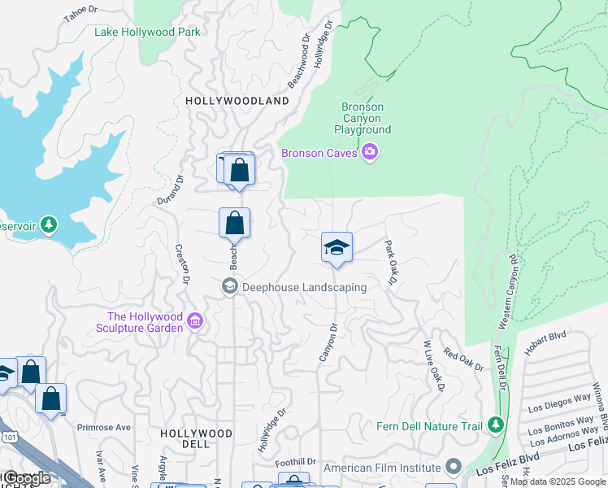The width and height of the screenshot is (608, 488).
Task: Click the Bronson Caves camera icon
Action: (x=371, y=152)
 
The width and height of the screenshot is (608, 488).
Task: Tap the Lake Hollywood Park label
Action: (x=147, y=33)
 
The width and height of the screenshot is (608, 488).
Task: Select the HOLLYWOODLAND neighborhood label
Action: (x=237, y=101)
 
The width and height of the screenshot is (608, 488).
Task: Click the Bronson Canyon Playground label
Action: (x=363, y=119)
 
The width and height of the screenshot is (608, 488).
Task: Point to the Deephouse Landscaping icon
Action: (x=230, y=286)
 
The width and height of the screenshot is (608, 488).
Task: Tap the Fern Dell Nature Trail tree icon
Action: (x=495, y=425)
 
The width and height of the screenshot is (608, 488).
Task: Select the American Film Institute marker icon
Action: (x=454, y=468)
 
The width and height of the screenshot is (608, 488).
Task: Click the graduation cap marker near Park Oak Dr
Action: (x=337, y=248)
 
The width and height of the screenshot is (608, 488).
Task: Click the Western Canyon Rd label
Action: (x=506, y=293)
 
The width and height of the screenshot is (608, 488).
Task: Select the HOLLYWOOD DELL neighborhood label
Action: (x=196, y=438)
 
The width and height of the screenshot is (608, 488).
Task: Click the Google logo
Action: (x=27, y=478)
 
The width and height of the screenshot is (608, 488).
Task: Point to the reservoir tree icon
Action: (x=50, y=224)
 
